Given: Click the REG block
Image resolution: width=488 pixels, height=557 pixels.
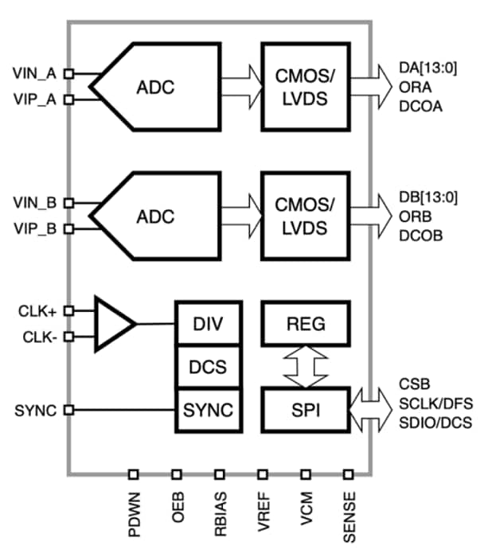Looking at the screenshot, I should [306, 324].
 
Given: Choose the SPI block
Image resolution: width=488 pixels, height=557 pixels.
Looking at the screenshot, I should [306, 411].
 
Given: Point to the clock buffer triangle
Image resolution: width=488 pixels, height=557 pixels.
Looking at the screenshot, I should [111, 323].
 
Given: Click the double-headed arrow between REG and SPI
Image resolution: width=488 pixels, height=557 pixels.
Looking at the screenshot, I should [306, 367].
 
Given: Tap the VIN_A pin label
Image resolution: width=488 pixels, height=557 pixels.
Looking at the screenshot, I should [35, 73].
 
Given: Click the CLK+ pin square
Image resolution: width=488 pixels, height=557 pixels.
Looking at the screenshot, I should [68, 310].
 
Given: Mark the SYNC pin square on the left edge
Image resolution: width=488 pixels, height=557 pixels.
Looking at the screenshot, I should [68, 411].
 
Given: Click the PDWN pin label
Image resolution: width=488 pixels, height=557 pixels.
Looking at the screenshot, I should [133, 516].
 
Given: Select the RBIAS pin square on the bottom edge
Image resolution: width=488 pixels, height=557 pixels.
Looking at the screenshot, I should [219, 474].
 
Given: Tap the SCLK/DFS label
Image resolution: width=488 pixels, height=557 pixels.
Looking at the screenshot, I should [439, 403].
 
